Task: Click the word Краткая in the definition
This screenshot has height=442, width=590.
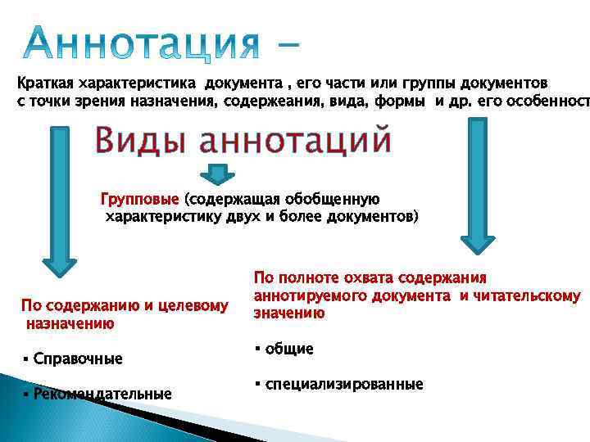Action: (x=44, y=83)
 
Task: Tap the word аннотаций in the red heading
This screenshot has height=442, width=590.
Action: (x=297, y=141)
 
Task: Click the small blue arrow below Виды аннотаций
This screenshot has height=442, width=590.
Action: (x=218, y=174)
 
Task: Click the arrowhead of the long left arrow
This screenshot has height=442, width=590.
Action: (x=59, y=268)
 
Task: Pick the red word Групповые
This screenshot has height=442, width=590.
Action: (x=140, y=199)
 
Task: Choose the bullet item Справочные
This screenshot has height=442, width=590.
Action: (x=78, y=359)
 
